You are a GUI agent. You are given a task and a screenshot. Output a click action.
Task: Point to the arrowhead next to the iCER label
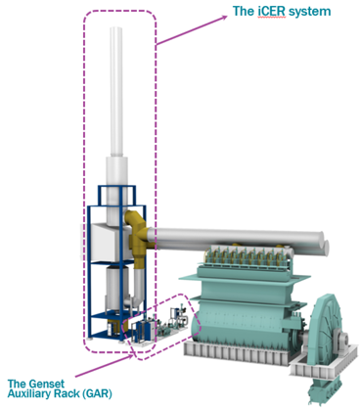(x=224, y=18)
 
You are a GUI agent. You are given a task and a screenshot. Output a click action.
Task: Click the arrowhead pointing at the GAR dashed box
(x=131, y=355)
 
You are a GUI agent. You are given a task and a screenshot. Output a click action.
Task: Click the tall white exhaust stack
(x=116, y=91)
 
